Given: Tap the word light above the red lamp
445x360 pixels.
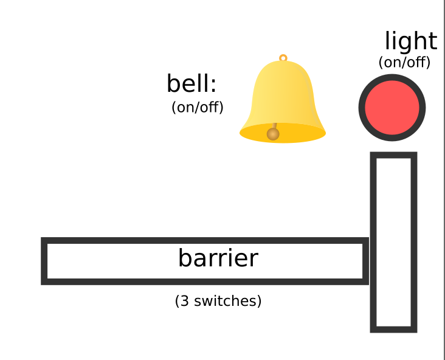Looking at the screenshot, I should click(x=410, y=41).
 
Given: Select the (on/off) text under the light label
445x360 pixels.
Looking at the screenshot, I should click(x=404, y=62).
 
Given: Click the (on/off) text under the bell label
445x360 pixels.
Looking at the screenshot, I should click(x=198, y=108).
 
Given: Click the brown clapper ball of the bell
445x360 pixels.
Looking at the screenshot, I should click(x=273, y=134).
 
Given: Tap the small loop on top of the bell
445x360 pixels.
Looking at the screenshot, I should click(x=283, y=58).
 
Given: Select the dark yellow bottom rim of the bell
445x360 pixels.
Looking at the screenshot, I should click(x=304, y=135).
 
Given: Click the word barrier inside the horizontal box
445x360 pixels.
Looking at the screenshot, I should click(x=218, y=258).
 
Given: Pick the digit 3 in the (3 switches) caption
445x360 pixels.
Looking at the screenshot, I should click(x=183, y=301).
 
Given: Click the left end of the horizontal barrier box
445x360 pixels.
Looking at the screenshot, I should click(x=45, y=261).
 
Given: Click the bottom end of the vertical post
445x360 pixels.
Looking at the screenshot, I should click(x=393, y=329).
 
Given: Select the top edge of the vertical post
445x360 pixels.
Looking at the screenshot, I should click(x=393, y=156).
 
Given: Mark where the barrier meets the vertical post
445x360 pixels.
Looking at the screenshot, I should click(x=369, y=261).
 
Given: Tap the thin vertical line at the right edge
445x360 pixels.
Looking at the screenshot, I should click(x=444, y=182).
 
